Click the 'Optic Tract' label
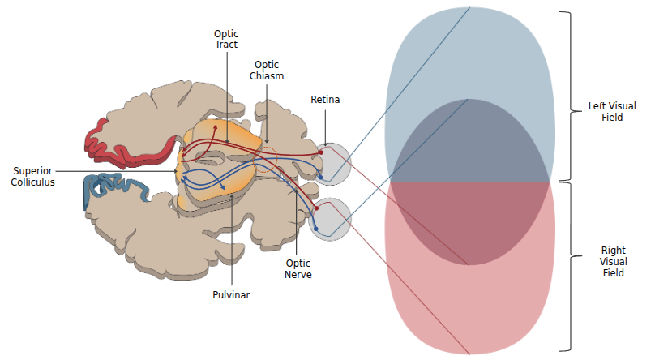click(x=226, y=39)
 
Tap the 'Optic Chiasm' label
click(x=267, y=70)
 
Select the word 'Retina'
click(x=325, y=100)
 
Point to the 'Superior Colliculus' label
click(x=33, y=176)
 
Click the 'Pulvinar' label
click(x=232, y=294)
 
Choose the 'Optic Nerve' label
click(x=298, y=268)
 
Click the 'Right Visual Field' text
click(x=612, y=262)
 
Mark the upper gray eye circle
click(x=334, y=163)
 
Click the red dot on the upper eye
click(x=321, y=152)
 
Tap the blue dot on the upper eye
click(x=321, y=176)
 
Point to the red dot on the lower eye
click(x=316, y=208)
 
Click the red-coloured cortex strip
click(x=122, y=146)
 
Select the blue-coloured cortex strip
click(x=113, y=188)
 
